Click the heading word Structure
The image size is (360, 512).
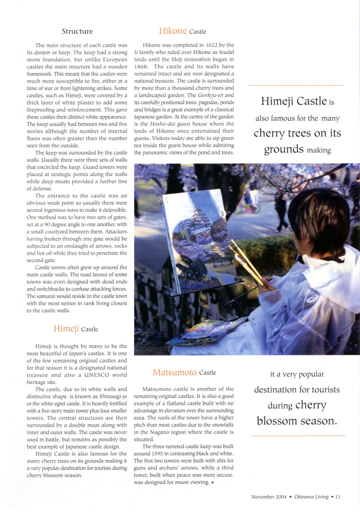(x=77, y=31)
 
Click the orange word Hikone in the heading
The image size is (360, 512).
(x=172, y=31)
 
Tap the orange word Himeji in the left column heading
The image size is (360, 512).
(x=66, y=328)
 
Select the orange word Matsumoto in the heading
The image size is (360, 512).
(x=174, y=372)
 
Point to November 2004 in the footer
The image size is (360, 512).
(x=269, y=496)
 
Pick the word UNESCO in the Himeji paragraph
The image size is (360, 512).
(x=98, y=374)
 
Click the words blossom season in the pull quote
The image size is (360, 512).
(x=297, y=421)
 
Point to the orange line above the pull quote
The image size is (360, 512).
(x=297, y=85)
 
